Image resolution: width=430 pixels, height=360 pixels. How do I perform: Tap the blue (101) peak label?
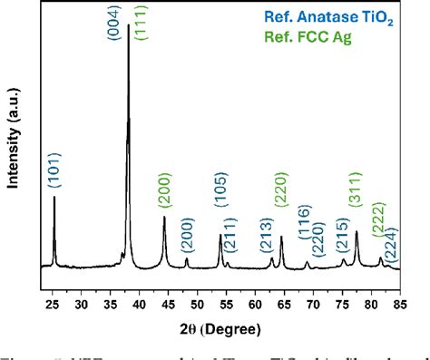(54, 168)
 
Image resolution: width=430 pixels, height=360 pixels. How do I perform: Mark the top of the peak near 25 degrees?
(54, 197)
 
